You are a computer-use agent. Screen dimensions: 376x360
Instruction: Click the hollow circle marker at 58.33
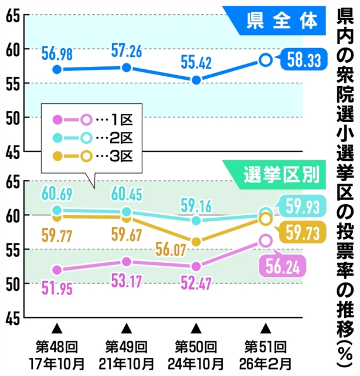(x=266, y=59)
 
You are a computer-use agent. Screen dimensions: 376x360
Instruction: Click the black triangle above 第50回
(x=196, y=327)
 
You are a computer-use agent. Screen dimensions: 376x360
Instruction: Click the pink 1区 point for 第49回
(x=127, y=262)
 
